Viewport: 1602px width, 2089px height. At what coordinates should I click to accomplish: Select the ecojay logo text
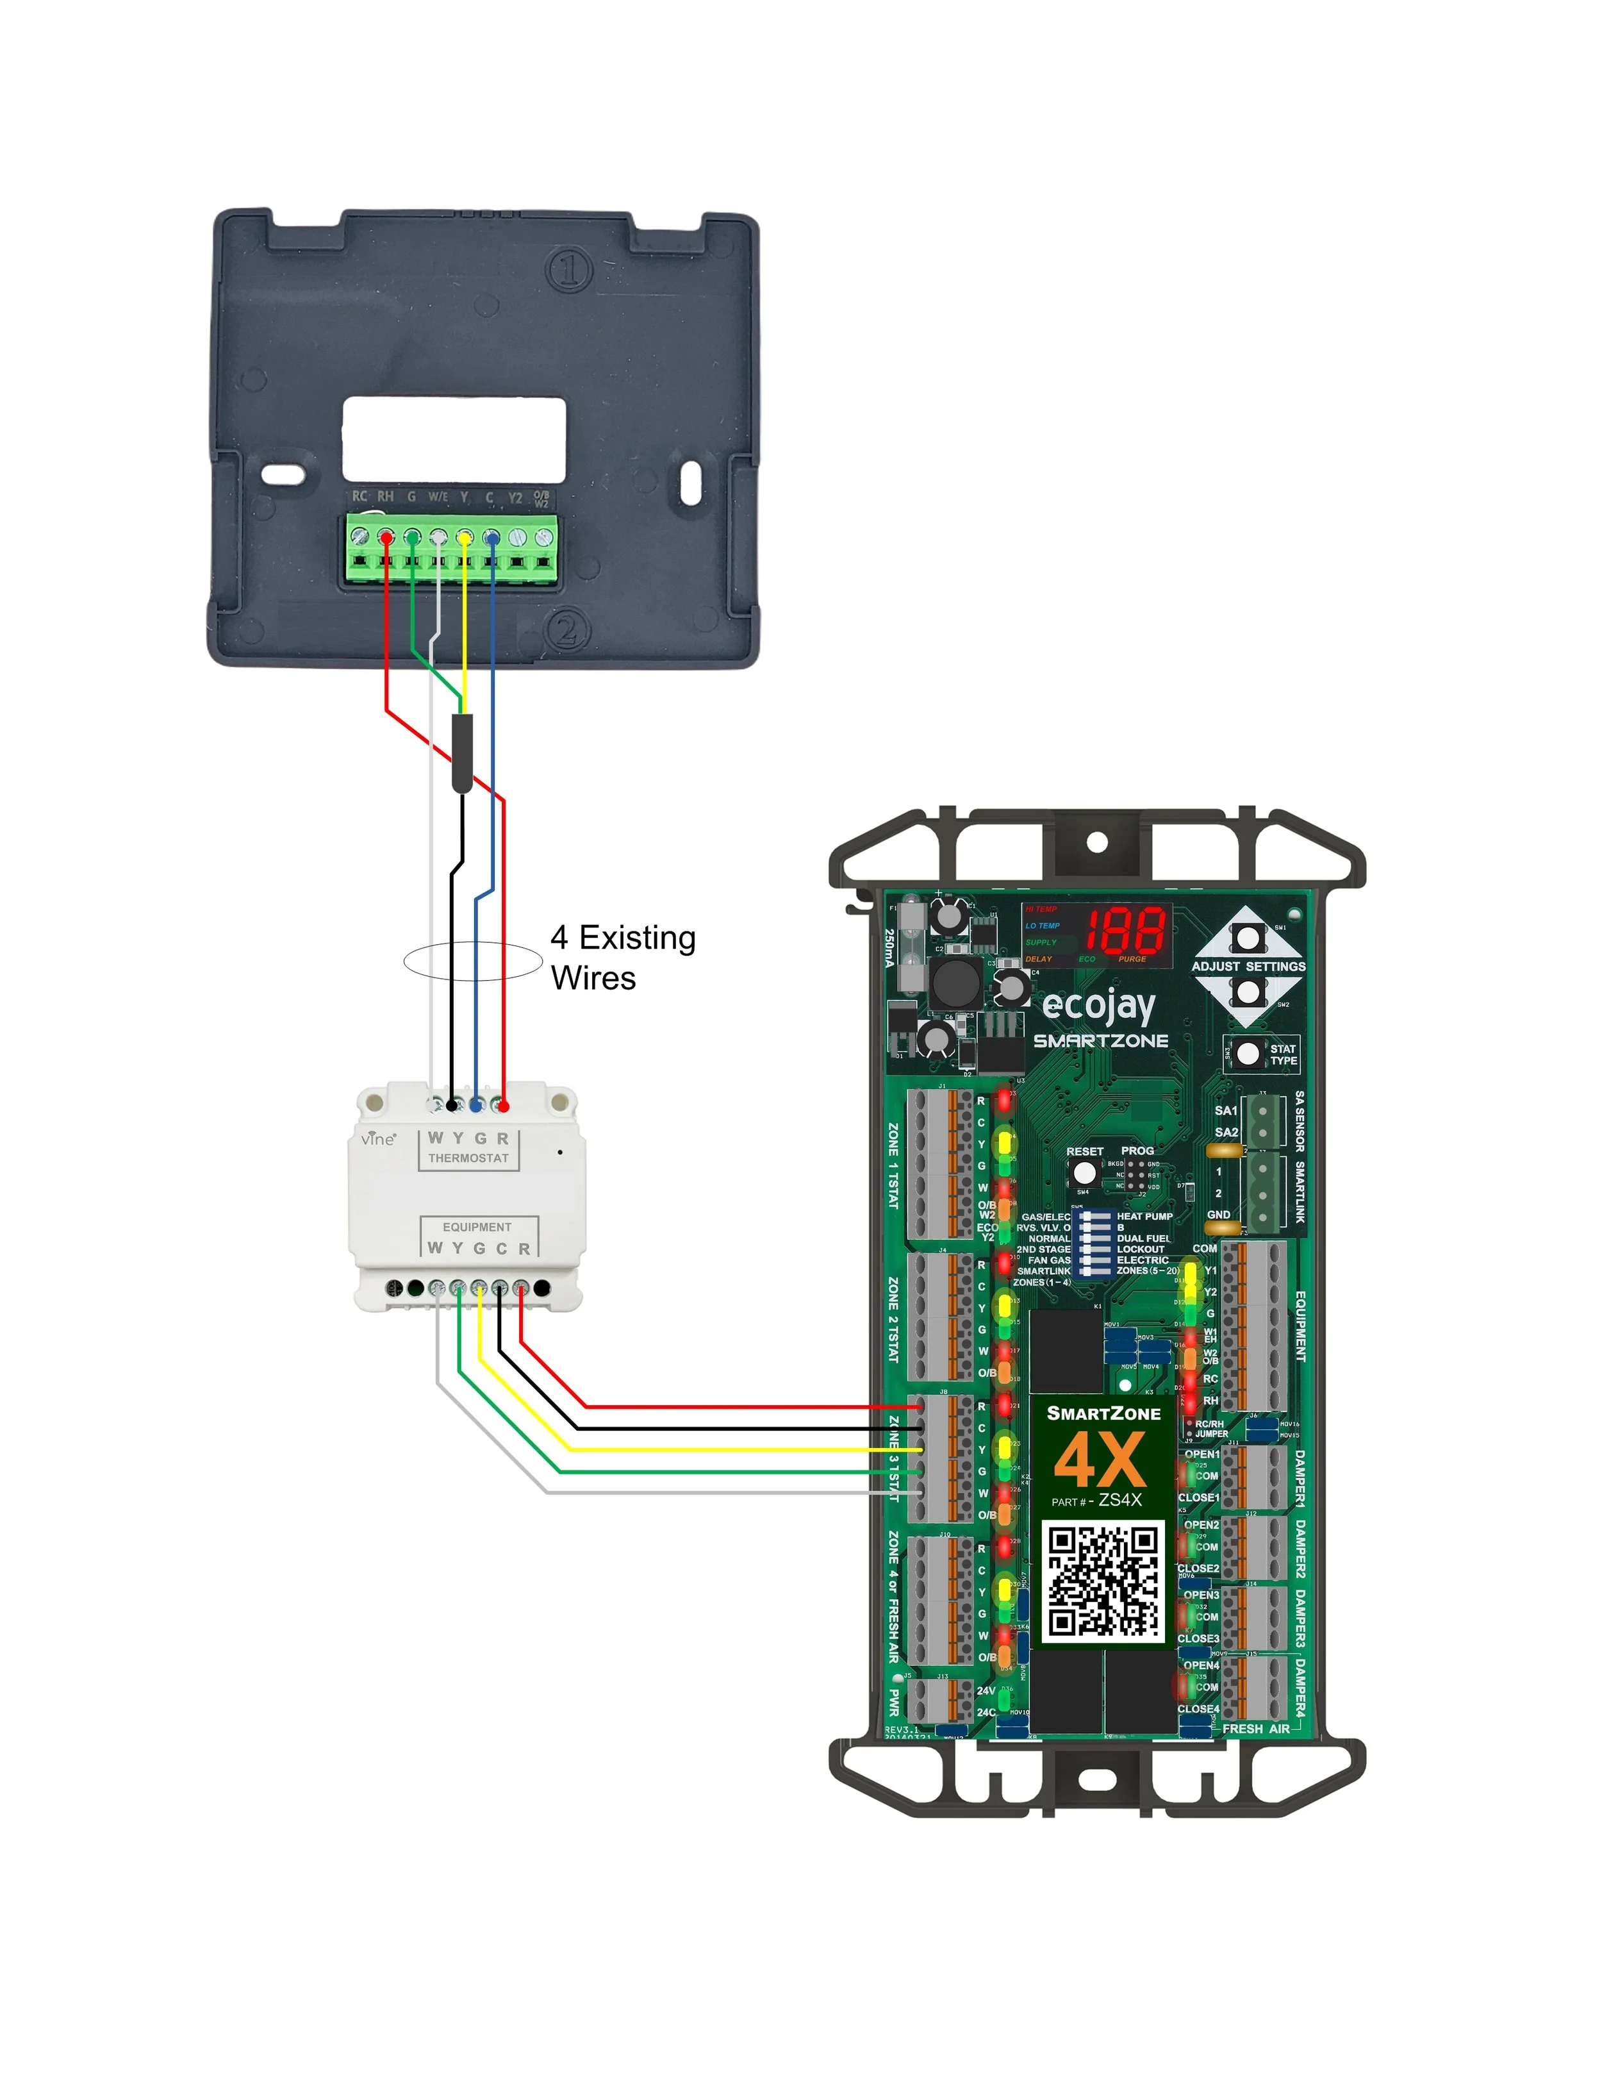click(x=1098, y=1005)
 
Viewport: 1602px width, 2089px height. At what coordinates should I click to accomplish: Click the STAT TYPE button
click(x=1247, y=1054)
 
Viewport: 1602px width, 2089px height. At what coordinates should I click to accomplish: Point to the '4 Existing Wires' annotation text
click(x=623, y=957)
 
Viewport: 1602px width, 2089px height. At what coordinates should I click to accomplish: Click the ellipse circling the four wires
click(x=473, y=961)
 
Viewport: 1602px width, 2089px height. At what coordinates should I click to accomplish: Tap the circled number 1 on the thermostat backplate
click(x=569, y=271)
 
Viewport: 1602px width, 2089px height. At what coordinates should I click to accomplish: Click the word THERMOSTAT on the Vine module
click(x=468, y=1158)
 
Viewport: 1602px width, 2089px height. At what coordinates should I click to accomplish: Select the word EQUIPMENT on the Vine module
click(x=477, y=1227)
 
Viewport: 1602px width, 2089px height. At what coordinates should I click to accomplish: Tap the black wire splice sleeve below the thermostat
click(x=461, y=753)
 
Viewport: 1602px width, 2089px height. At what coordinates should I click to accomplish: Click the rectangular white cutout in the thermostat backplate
click(x=454, y=439)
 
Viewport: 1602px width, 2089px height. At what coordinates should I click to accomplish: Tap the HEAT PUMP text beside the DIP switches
click(x=1144, y=1216)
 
